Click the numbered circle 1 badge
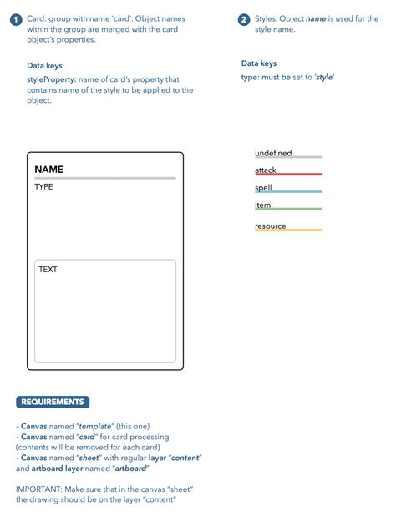click(x=16, y=19)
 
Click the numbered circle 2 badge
click(x=244, y=19)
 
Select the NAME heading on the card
click(x=48, y=170)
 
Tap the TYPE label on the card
click(x=43, y=187)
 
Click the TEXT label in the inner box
click(x=48, y=270)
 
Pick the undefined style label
click(x=273, y=153)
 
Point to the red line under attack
click(x=288, y=175)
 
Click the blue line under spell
click(x=288, y=192)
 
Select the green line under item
click(x=288, y=210)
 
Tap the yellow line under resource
click(x=288, y=230)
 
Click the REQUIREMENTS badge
click(x=53, y=403)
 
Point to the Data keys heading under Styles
click(x=259, y=63)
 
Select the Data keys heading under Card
click(x=44, y=65)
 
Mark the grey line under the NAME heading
click(x=104, y=178)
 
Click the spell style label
click(x=263, y=188)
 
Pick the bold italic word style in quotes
click(x=323, y=77)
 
